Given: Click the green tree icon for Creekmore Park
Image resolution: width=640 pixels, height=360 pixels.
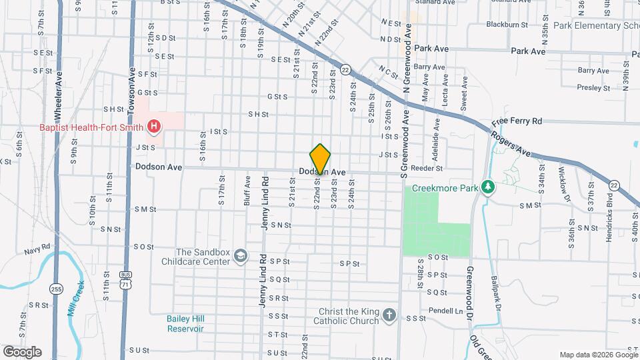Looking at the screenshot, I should [x=488, y=187].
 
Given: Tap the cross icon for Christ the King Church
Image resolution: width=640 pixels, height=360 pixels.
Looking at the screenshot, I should [x=389, y=314].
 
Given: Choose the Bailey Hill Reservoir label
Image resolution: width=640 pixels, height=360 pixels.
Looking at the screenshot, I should [x=185, y=324].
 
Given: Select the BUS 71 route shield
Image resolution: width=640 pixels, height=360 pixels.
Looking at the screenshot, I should [x=126, y=279].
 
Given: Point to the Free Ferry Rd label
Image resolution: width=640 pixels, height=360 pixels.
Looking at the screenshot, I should [x=517, y=122].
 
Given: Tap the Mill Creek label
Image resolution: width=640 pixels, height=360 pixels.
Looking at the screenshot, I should [x=77, y=297].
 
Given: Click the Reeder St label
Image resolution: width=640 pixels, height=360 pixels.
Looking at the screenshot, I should [x=427, y=169].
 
